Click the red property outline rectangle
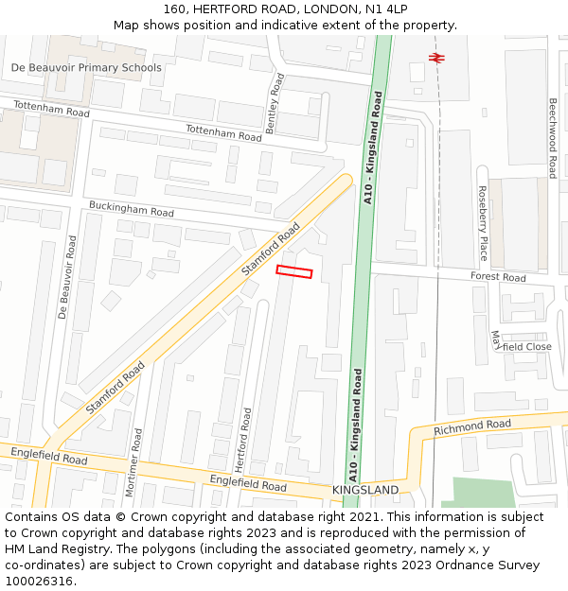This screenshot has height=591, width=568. point(293,272)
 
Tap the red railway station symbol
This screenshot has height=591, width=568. point(436,57)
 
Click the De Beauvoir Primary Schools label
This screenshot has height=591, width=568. point(86,67)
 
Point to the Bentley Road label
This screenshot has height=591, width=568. point(274,103)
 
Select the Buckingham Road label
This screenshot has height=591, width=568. point(131,209)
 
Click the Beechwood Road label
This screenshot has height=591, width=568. point(552,138)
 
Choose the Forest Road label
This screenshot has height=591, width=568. point(498,277)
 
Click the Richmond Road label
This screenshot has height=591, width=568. point(471,427)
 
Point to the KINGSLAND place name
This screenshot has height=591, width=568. point(365,490)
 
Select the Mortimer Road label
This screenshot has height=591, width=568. point(135,462)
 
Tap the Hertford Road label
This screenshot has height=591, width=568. point(242,441)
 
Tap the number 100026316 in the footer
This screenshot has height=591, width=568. point(39,581)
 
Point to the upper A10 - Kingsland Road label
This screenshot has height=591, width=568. point(372,148)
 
